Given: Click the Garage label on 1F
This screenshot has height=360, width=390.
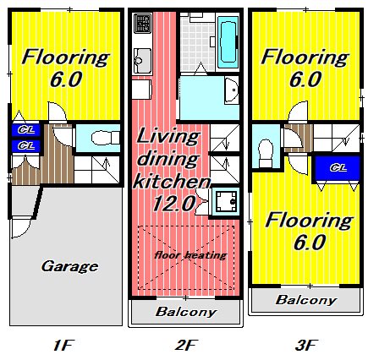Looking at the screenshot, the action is pyautogui.click(x=69, y=266).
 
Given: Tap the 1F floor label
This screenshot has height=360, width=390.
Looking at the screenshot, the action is pyautogui.click(x=63, y=345).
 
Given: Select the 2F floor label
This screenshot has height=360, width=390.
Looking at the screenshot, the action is pyautogui.click(x=186, y=345).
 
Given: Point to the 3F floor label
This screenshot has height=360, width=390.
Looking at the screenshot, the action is pyautogui.click(x=306, y=345).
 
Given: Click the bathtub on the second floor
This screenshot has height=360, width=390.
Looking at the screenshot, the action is pyautogui.click(x=228, y=42).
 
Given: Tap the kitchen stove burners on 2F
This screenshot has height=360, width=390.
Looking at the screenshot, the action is pyautogui.click(x=143, y=23).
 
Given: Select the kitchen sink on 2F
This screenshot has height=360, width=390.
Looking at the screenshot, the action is pyautogui.click(x=142, y=61).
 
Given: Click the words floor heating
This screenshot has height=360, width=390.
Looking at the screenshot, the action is pyautogui.click(x=190, y=255).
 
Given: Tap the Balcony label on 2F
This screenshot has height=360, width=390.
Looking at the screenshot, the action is pyautogui.click(x=186, y=312).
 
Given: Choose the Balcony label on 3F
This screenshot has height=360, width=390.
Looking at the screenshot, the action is pyautogui.click(x=306, y=300).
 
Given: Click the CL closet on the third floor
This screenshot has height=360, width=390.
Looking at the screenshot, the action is pyautogui.click(x=338, y=168).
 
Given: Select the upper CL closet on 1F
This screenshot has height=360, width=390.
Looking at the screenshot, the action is pyautogui.click(x=26, y=130).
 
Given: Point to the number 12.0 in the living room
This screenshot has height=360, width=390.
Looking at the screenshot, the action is pyautogui.click(x=174, y=203).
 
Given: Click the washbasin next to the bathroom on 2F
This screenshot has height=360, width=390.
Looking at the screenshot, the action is pyautogui.click(x=232, y=90).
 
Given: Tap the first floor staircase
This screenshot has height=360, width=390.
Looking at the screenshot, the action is pyautogui.click(x=96, y=170).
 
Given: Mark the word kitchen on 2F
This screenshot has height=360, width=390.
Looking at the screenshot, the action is pyautogui.click(x=172, y=181).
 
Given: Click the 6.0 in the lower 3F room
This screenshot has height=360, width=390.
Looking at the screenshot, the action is pyautogui.click(x=310, y=243).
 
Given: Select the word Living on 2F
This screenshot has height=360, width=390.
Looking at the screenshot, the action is pyautogui.click(x=168, y=136).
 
